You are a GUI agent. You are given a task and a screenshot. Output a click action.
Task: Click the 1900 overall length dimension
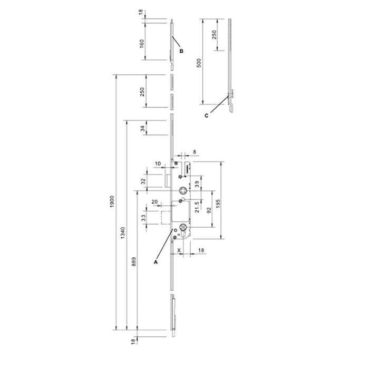[x=112, y=201]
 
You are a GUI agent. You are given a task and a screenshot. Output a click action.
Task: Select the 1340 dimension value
[x=123, y=233]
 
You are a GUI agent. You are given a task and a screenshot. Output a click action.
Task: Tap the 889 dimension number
[x=134, y=261]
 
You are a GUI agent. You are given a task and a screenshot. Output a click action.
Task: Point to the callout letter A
[x=156, y=262]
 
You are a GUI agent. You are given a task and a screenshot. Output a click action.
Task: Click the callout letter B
[x=181, y=51]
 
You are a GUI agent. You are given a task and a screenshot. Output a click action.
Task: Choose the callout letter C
[x=207, y=116]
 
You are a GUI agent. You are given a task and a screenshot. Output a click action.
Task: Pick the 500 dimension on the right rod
[x=199, y=63]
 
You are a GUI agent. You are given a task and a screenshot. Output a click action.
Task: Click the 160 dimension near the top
[x=142, y=44]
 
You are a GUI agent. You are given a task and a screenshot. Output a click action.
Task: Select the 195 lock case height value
[x=218, y=204]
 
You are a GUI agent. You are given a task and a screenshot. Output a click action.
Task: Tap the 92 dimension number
[x=209, y=210]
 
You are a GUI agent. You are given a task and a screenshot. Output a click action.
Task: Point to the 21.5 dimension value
[x=197, y=207]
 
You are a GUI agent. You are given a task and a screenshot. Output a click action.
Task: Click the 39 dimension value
[x=197, y=184]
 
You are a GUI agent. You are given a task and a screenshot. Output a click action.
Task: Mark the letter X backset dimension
[x=179, y=250]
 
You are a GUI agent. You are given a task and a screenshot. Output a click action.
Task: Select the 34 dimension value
[x=143, y=129]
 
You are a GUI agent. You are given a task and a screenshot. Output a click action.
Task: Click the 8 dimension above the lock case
[x=195, y=152]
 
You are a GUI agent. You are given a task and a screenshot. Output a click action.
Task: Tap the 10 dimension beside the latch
[x=158, y=163]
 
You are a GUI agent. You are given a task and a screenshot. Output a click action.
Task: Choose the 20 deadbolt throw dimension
[x=154, y=202]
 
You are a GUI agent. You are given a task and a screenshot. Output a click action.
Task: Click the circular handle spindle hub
[x=182, y=190]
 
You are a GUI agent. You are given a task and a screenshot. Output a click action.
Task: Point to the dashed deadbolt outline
[x=166, y=217]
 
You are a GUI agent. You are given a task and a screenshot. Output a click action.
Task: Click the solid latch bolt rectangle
[x=168, y=181]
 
